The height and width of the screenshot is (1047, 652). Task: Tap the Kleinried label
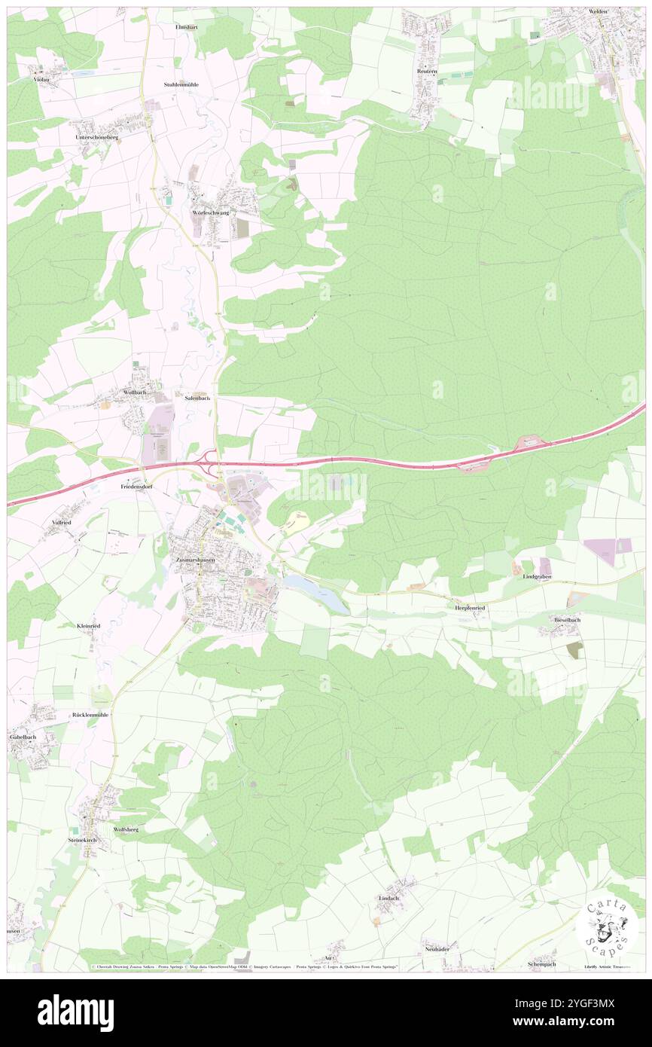click(x=88, y=626)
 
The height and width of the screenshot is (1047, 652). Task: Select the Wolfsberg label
click(x=126, y=829)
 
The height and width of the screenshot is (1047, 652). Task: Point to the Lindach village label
click(x=388, y=898)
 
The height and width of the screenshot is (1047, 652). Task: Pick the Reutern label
click(x=427, y=71)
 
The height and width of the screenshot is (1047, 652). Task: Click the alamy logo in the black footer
click(x=75, y=1012)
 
